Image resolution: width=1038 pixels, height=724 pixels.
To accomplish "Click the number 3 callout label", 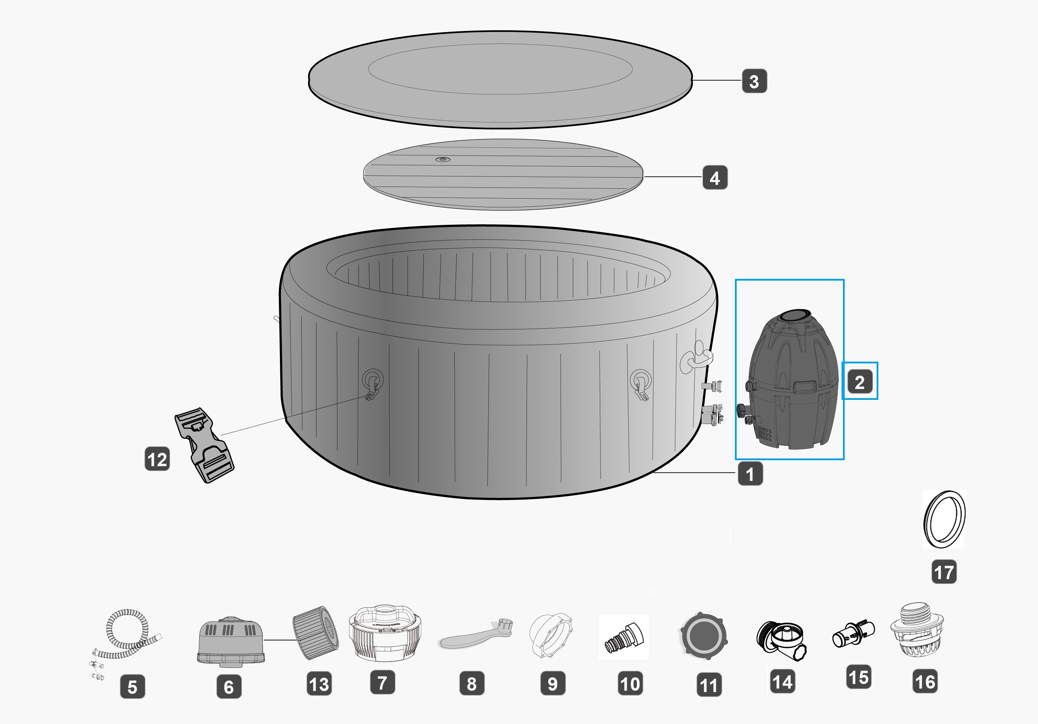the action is pos(754,81).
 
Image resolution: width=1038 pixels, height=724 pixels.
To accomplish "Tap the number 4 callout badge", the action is pos(715,177).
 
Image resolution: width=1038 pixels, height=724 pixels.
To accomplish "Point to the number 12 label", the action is pos(157,459).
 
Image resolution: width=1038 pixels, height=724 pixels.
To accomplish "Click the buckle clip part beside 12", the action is pos(205,445).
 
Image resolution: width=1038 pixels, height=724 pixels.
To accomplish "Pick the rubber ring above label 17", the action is pos(944,519).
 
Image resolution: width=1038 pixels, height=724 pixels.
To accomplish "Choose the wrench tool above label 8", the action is pos(475,633).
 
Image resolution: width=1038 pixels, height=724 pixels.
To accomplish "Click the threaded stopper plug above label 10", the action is pos(623,638).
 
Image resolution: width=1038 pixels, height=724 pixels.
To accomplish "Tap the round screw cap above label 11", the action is pos(703,636).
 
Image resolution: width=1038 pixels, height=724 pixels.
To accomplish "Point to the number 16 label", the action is pos(925,682).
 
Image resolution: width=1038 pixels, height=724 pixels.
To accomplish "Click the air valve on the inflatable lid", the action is pos(443,160).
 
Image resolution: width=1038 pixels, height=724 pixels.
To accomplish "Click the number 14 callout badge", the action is pos(783,682).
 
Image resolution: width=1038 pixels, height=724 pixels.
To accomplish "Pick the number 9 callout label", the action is pos(553,683).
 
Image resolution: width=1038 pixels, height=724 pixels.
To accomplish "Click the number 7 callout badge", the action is pos(382,682).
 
